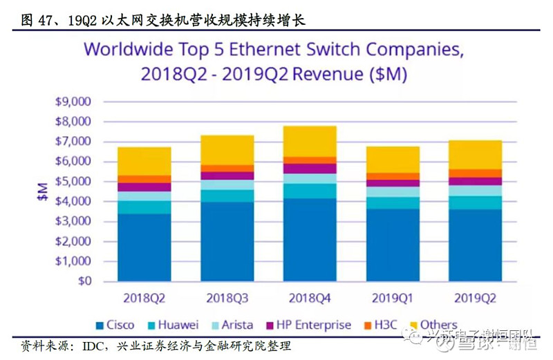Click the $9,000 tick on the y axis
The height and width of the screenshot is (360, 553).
tap(73, 102)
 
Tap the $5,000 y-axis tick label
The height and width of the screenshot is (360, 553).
tap(73, 182)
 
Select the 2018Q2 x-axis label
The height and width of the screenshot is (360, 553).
tap(144, 298)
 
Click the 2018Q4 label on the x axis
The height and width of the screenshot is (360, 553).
tap(311, 298)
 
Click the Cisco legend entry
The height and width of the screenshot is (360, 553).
tap(115, 325)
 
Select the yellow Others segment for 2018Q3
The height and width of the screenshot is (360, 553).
tap(227, 150)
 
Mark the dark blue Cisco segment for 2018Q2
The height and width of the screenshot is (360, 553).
tap(144, 247)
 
